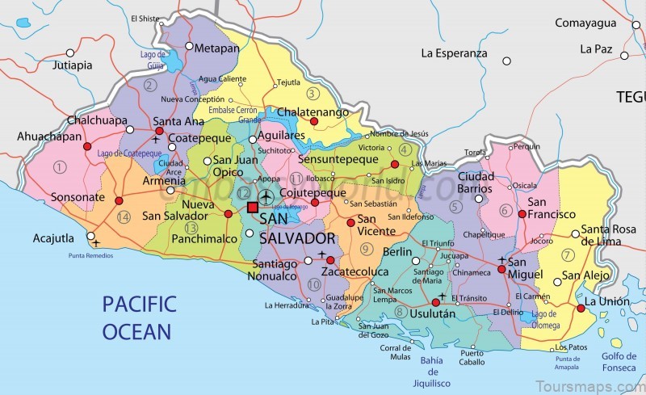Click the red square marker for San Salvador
252,208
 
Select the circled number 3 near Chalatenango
313,94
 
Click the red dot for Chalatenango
314,122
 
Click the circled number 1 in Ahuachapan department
58,167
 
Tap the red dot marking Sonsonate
119,200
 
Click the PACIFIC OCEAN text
139,317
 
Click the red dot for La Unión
581,308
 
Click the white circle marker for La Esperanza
507,61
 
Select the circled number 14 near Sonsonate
124,217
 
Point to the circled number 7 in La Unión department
568,255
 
